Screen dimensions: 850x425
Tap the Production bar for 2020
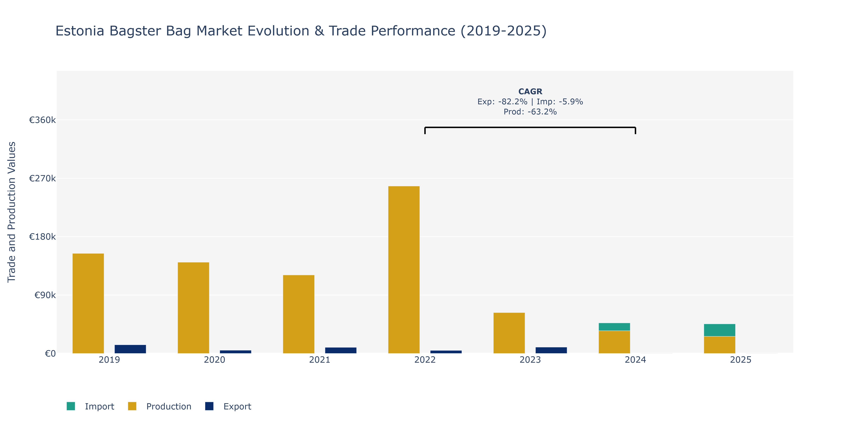pyautogui.click(x=193, y=308)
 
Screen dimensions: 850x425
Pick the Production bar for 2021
pyautogui.click(x=299, y=314)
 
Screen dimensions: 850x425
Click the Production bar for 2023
pyautogui.click(x=509, y=333)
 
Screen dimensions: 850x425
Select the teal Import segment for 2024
pyautogui.click(x=614, y=327)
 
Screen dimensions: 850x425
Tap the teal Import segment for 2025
pyautogui.click(x=720, y=330)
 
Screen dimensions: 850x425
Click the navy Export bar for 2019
pyautogui.click(x=130, y=349)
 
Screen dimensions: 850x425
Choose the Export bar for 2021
pyautogui.click(x=341, y=350)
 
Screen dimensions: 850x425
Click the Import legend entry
pyautogui.click(x=90, y=406)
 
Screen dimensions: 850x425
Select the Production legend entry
pyautogui.click(x=160, y=406)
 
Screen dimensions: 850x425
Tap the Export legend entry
pyautogui.click(x=228, y=406)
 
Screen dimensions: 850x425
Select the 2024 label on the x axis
pyautogui.click(x=636, y=360)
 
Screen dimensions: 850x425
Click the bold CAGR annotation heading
pyautogui.click(x=530, y=91)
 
